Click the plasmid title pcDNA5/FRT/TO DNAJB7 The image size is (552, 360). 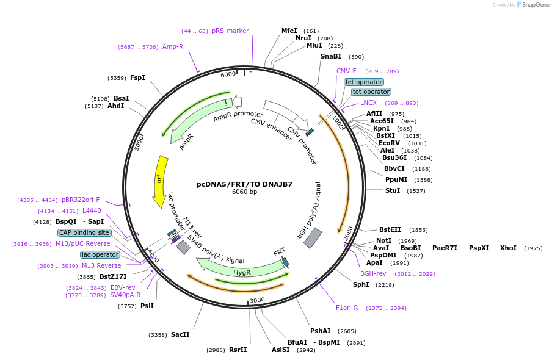pos(244,184)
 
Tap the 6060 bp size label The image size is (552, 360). pos(244,192)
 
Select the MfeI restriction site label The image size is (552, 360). pos(289,31)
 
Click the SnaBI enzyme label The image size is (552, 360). pos(331,56)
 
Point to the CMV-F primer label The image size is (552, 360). pos(346,71)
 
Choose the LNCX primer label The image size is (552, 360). pos(368,103)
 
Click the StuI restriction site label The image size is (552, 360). pos(393,190)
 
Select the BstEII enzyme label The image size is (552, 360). pos(390,229)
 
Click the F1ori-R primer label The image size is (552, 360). pos(347,308)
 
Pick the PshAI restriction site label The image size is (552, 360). pos(320,331)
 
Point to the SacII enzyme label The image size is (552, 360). pos(180,334)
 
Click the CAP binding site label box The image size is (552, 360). pos(84,232)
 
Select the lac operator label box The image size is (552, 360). pos(100,254)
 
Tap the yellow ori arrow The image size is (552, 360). pos(160,181)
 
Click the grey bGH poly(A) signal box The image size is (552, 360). pos(313,238)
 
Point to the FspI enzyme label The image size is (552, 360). pos(137,77)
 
